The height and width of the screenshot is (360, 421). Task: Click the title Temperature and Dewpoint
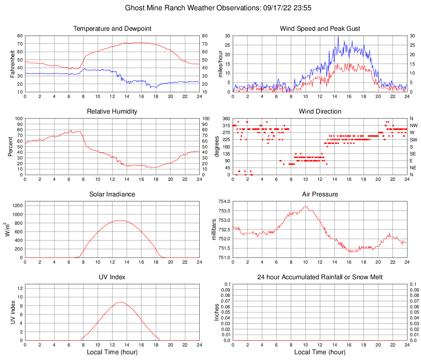point(112,29)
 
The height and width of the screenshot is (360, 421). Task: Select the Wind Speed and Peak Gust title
point(320,29)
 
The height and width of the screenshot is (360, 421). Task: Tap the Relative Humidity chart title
point(112,112)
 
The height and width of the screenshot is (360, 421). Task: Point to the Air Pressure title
point(320,194)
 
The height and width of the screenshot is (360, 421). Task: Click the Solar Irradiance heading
point(112,194)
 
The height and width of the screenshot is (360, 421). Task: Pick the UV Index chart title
point(112,277)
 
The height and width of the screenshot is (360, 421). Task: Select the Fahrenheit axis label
point(12,64)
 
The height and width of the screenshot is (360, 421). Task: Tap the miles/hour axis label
point(221,64)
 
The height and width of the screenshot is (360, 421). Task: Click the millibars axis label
point(214,229)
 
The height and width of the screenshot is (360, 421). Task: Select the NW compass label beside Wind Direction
point(413,125)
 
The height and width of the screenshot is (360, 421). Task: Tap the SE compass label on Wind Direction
point(413,154)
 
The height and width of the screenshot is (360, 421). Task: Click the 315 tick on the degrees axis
point(225,125)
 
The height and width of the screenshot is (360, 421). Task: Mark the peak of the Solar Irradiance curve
point(119,220)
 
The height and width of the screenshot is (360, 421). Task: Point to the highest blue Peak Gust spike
point(338,36)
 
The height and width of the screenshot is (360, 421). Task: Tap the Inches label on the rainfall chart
point(217,312)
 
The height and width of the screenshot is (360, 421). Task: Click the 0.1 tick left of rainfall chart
point(228,284)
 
